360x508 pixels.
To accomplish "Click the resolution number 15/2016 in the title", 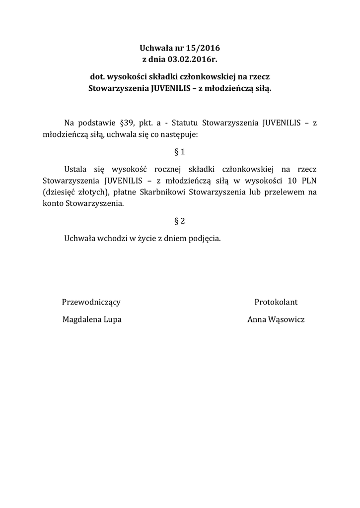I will pos(202,49).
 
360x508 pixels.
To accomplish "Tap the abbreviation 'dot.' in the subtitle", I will pos(97,78).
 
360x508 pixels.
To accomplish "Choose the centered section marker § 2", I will pos(180,221).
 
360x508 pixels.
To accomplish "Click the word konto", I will pos(53,203).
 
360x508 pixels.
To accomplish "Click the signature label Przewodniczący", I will pos(91,302).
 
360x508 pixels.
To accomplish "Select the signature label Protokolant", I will pos(276,302).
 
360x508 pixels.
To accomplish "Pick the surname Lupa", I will pos(112,320).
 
